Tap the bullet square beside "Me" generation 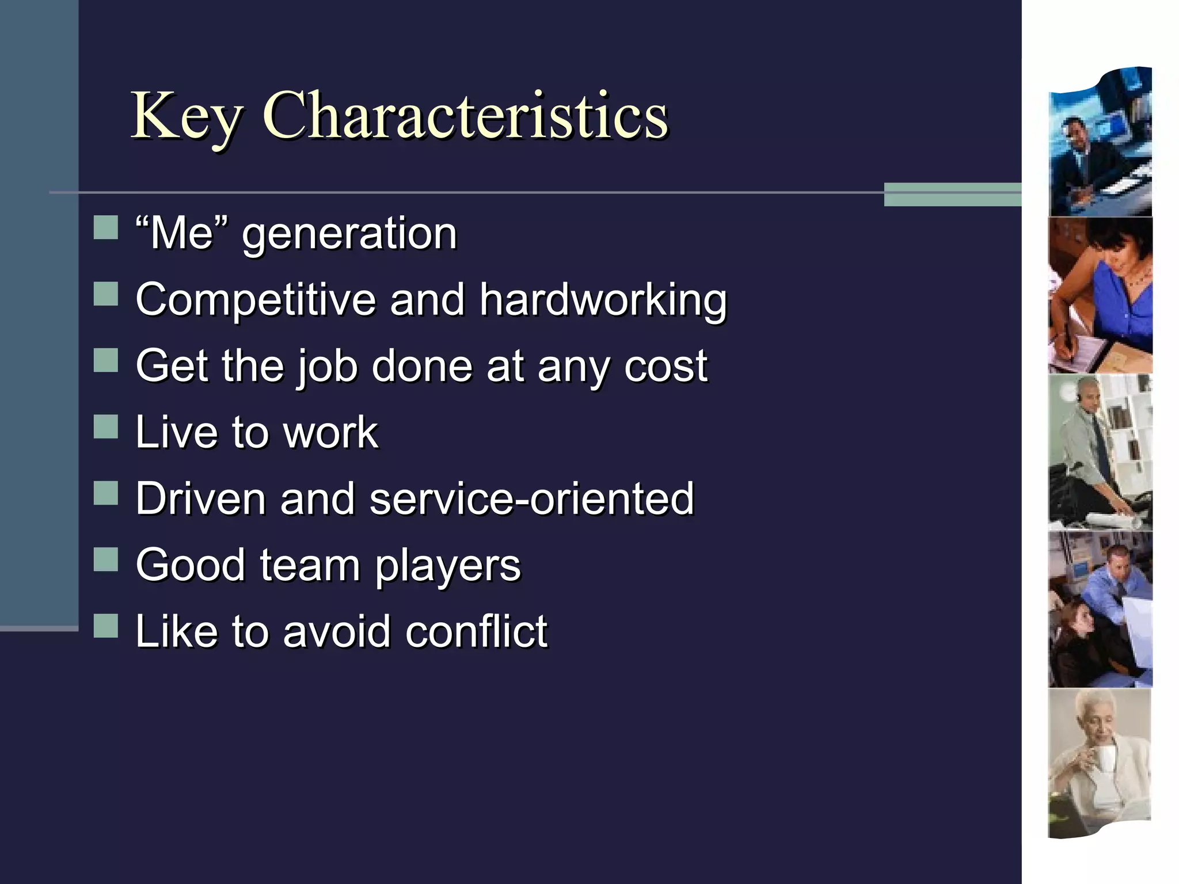(x=105, y=227)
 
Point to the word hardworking (x=603, y=300)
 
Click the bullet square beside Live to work (x=105, y=426)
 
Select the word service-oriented (x=531, y=498)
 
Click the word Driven (x=200, y=498)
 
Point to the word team (x=310, y=565)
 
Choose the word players (x=448, y=567)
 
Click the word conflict (x=476, y=631)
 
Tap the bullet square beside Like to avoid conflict (x=105, y=626)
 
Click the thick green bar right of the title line (x=952, y=194)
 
